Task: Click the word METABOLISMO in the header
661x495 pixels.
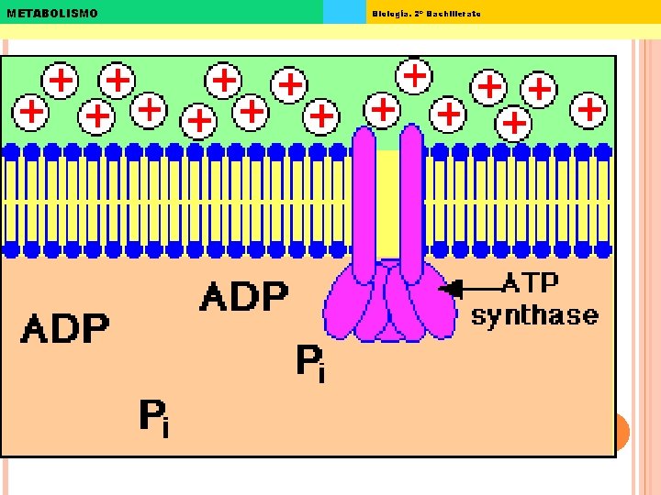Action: [x=51, y=13]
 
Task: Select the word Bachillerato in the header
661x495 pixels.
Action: [x=453, y=13]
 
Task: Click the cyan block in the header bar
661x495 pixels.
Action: [x=344, y=12]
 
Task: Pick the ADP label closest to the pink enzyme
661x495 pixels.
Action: [x=243, y=296]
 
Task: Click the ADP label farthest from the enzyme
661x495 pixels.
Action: [x=65, y=327]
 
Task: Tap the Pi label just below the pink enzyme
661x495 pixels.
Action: [x=309, y=363]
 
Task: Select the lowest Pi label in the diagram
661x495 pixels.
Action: [x=153, y=417]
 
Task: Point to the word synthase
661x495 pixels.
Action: [x=534, y=316]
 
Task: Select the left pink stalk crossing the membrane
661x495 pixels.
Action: [x=364, y=202]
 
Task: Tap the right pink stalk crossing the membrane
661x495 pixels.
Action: [x=411, y=202]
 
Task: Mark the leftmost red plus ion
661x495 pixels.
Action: [x=32, y=112]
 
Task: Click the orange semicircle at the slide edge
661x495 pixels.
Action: [x=622, y=431]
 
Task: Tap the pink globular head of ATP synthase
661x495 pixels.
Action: [x=389, y=302]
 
